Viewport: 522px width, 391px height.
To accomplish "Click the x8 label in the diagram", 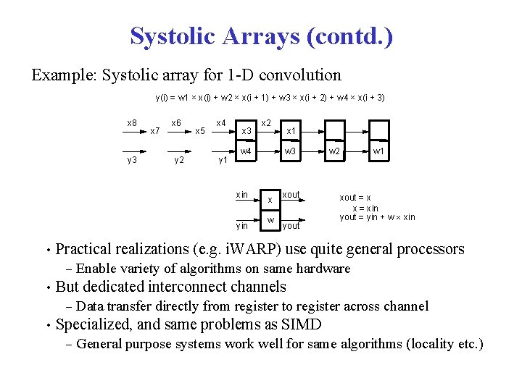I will [132, 123].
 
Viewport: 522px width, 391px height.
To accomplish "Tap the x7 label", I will [154, 131].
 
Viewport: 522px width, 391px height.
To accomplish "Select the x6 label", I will [176, 123].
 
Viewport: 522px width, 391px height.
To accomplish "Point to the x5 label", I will [201, 131].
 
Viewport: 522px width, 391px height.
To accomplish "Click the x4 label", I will [222, 123].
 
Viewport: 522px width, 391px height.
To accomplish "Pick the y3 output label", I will [132, 159].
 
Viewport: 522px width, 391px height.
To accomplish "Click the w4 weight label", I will [246, 151].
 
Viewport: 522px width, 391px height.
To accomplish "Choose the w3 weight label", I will [290, 151].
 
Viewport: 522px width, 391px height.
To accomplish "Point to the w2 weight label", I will [334, 151].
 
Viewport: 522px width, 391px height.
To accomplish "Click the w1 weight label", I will [378, 151].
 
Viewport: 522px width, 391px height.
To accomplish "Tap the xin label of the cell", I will [242, 194].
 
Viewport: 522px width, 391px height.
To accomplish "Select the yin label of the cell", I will [242, 225].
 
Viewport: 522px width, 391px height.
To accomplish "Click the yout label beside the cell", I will [291, 226].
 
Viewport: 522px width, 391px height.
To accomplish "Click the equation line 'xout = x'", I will [356, 198].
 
